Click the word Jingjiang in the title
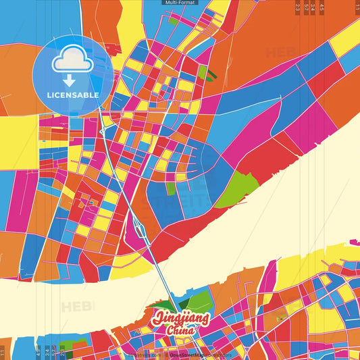pos(181,318)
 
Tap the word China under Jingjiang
pos(182,330)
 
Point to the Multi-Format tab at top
pos(180,3)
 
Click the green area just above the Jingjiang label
pos(196,302)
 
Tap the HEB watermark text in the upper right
pos(280,53)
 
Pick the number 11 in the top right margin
pos(357,6)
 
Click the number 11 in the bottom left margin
pos(3,353)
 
